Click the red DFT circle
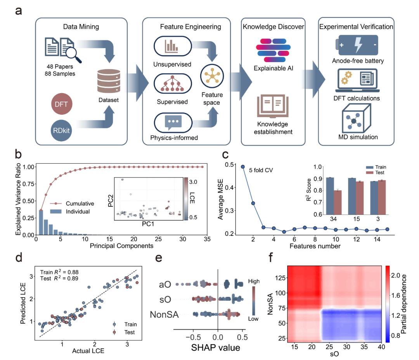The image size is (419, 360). tap(61, 104)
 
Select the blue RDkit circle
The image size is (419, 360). tap(61, 130)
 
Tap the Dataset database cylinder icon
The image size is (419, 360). tap(109, 81)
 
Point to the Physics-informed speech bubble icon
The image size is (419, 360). tap(173, 123)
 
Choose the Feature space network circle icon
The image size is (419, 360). tap(212, 76)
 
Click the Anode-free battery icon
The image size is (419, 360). tap(357, 45)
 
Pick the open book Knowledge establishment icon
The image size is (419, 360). tap(273, 106)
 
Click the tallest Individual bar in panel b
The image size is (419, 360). tap(41, 222)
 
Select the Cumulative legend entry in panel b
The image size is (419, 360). tap(72, 204)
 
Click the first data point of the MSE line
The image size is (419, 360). tap(243, 167)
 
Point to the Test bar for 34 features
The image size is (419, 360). tap(338, 202)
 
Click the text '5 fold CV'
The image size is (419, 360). tap(261, 170)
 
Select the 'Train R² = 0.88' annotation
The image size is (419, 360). tap(59, 272)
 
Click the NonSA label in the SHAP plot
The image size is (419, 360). tap(164, 315)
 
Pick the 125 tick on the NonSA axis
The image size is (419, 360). tap(280, 278)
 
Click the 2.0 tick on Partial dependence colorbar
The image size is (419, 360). tap(395, 275)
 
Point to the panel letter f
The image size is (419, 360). tap(271, 257)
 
